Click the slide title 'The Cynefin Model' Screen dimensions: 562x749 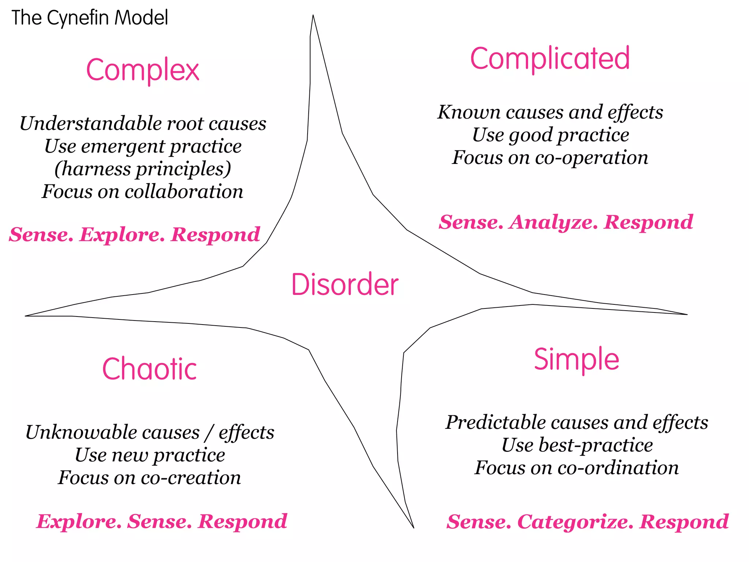point(90,18)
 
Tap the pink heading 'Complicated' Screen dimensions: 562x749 point(550,59)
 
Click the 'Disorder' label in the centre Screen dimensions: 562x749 point(345,285)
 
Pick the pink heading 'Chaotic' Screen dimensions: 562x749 point(149,369)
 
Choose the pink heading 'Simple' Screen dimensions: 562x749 point(576,359)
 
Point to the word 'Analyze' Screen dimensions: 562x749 point(554,222)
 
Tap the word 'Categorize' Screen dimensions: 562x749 point(575,521)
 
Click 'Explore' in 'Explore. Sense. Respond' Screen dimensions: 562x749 point(79,521)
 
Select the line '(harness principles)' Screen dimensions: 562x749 point(143,169)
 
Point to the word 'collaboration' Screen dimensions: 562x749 point(184,192)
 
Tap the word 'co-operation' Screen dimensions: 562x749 point(591,158)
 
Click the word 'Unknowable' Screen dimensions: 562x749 point(112,432)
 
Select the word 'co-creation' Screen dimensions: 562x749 point(191,478)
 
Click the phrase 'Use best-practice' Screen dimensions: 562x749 point(577,445)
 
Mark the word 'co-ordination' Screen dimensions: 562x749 point(618,468)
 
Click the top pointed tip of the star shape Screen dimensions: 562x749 point(313,16)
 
